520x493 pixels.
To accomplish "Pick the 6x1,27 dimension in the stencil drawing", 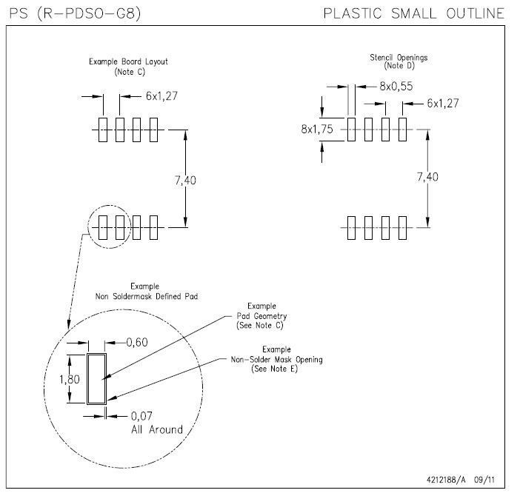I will click(x=442, y=104).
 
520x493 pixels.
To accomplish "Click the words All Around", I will click(x=156, y=429).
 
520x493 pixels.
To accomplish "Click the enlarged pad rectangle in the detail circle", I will click(x=96, y=378).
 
